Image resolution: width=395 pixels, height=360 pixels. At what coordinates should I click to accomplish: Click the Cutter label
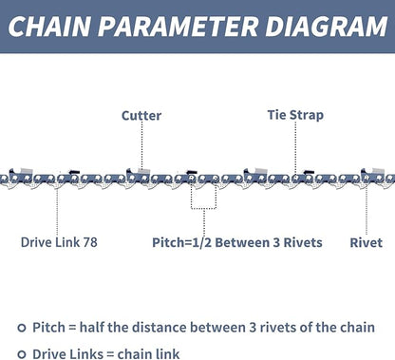click(x=141, y=116)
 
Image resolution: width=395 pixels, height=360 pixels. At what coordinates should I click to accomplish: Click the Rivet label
click(x=367, y=242)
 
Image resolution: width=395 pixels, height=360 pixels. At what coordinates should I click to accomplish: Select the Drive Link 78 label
click(x=59, y=242)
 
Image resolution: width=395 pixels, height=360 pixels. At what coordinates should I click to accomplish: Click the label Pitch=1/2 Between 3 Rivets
click(x=237, y=242)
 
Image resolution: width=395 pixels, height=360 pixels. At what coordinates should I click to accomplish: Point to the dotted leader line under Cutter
click(x=141, y=147)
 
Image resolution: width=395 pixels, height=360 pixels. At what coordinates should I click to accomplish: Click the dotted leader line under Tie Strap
click(x=295, y=147)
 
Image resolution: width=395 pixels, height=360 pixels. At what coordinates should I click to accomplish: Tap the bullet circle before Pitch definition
click(x=20, y=326)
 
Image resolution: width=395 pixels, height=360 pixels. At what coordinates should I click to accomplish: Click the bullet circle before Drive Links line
click(x=20, y=351)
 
